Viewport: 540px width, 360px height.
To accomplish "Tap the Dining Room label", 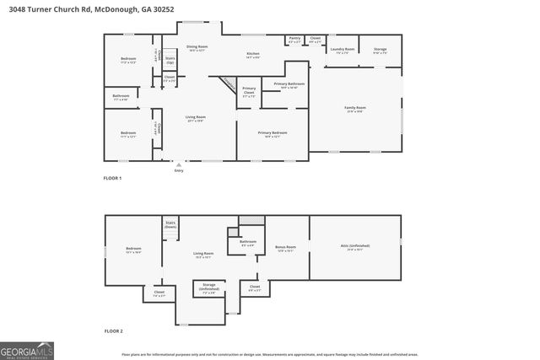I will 197,48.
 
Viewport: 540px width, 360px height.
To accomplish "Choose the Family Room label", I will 355,109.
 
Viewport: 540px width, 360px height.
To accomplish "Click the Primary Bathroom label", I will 289,85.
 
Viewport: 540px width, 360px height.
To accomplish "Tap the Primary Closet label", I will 249,90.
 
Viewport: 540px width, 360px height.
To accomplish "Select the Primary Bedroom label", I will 272,133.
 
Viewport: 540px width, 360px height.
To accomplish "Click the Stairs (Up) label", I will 170,61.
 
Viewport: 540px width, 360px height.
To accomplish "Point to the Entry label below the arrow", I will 179,171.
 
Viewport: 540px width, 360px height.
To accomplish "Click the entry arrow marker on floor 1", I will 178,164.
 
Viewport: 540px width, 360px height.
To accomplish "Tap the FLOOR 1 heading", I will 112,178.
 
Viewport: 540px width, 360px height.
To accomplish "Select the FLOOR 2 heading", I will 112,331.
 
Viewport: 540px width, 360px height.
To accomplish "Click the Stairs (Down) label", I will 170,224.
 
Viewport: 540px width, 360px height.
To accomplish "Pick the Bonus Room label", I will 285,248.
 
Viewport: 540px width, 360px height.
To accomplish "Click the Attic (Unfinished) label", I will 354,247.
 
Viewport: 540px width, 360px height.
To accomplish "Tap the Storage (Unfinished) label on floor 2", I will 209,287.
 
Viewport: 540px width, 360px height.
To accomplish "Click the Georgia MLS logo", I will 26,349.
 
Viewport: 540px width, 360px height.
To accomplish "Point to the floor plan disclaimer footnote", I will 281,355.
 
